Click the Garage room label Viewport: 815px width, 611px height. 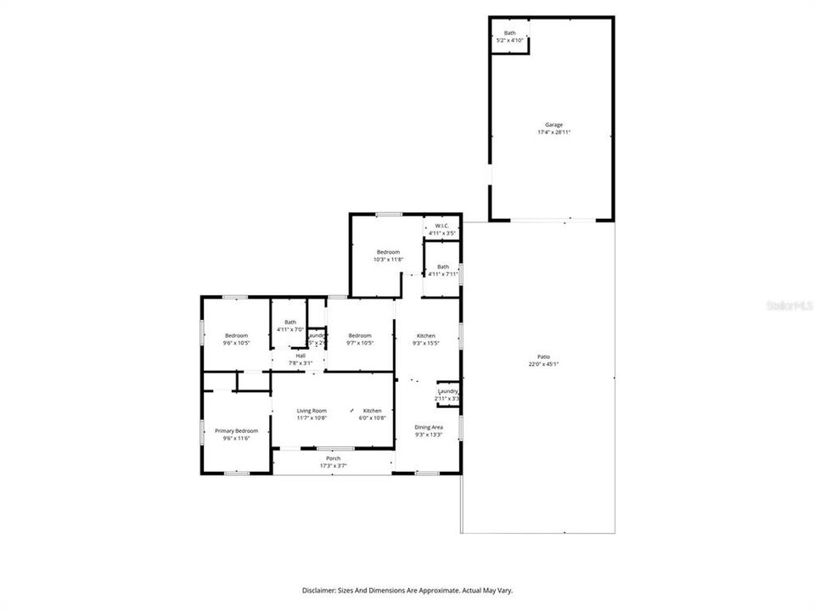(554, 125)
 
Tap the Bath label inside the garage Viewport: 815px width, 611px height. (509, 33)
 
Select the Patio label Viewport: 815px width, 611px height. (543, 356)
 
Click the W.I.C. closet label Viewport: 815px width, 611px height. (442, 226)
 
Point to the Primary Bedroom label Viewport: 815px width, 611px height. (235, 430)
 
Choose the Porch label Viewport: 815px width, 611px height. (333, 458)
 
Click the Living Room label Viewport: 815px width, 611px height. (312, 411)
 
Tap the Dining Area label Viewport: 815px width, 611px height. (428, 427)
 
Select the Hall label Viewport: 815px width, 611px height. (301, 356)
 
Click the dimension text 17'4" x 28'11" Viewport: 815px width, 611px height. (554, 132)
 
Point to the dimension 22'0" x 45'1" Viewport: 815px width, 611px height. (543, 364)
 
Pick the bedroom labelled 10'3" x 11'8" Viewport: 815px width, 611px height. (388, 255)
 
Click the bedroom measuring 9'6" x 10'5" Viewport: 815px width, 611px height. (236, 339)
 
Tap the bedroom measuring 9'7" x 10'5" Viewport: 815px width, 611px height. (360, 339)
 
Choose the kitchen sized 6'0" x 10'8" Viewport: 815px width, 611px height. (373, 414)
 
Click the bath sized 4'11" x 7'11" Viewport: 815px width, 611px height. (443, 270)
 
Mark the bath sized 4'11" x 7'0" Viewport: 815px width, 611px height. (290, 326)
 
